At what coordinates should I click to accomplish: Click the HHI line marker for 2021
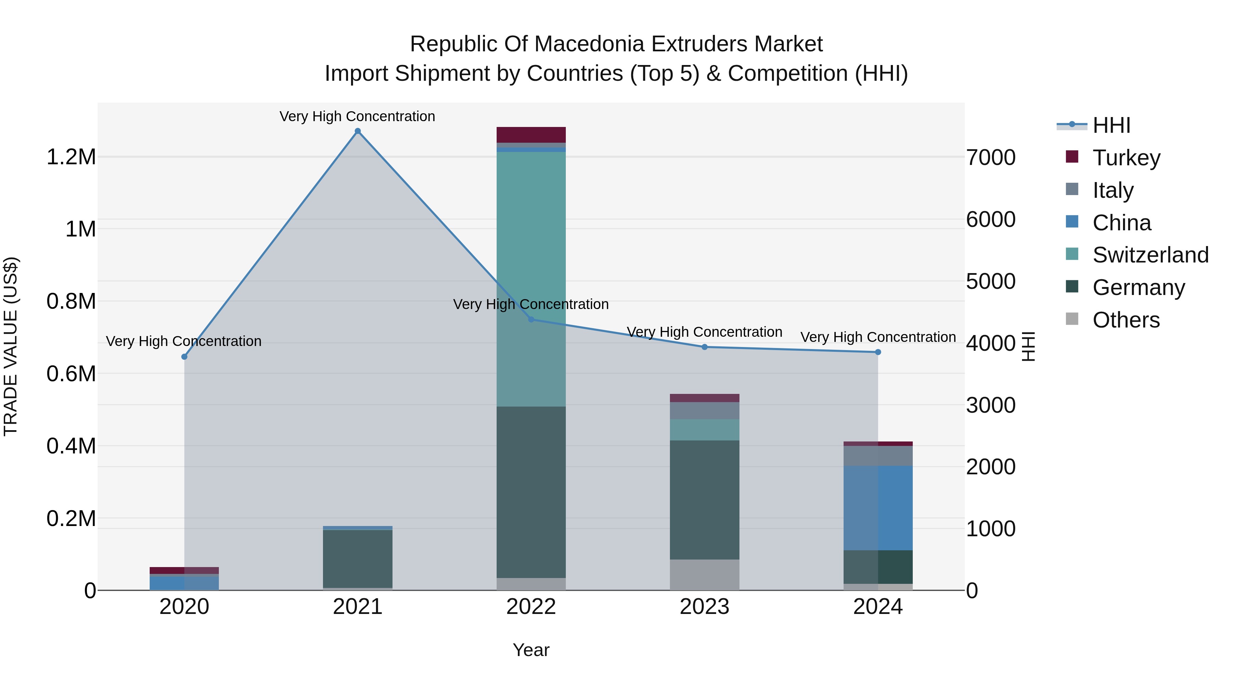pyautogui.click(x=358, y=131)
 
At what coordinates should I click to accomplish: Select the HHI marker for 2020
pyautogui.click(x=184, y=357)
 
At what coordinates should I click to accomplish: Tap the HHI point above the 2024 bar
pyautogui.click(x=878, y=352)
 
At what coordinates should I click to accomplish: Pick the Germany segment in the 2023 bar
pyautogui.click(x=704, y=500)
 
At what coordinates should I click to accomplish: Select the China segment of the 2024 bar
pyautogui.click(x=878, y=508)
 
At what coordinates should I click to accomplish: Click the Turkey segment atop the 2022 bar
pyautogui.click(x=531, y=135)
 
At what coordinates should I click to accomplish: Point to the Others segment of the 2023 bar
pyautogui.click(x=704, y=575)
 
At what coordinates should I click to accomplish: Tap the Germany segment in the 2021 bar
pyautogui.click(x=358, y=559)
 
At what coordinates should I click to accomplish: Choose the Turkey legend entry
pyautogui.click(x=1126, y=158)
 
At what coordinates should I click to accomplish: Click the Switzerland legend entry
pyautogui.click(x=1150, y=255)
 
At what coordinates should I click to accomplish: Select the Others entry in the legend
pyautogui.click(x=1126, y=320)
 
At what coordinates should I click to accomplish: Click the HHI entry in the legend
pyautogui.click(x=1111, y=125)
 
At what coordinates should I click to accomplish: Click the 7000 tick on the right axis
pyautogui.click(x=991, y=158)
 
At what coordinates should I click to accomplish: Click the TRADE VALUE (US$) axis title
pyautogui.click(x=11, y=346)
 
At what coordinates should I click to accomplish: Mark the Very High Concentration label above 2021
pyautogui.click(x=358, y=117)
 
